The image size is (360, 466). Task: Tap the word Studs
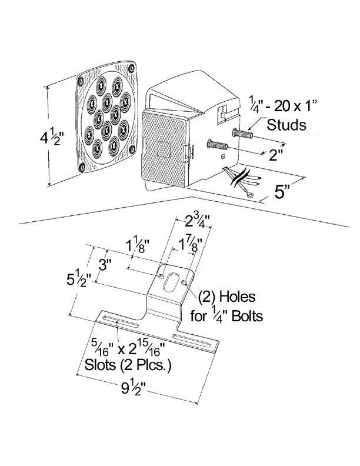(x=286, y=125)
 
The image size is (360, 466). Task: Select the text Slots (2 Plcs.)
(x=124, y=366)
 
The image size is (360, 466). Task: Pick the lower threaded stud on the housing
(x=218, y=145)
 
